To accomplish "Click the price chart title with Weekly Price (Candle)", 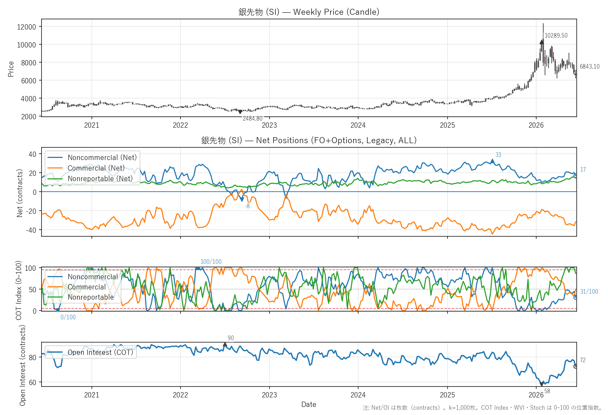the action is [309, 12].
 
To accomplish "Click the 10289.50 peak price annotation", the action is [556, 36].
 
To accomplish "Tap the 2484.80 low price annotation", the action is [253, 119].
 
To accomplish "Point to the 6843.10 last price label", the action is [590, 66].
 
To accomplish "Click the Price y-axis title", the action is [11, 69].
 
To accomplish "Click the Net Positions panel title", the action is [309, 140].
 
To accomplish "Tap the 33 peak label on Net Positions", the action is [498, 155].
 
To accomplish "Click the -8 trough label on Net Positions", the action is [247, 206].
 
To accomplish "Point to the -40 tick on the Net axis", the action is [32, 230].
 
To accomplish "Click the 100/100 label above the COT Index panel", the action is [211, 262].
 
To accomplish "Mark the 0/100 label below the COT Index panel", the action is [68, 317].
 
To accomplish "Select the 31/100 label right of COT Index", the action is [589, 292].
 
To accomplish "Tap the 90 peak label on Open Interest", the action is [231, 338].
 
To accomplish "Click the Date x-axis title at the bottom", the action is [309, 404].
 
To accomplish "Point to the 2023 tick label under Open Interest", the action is [269, 395].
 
